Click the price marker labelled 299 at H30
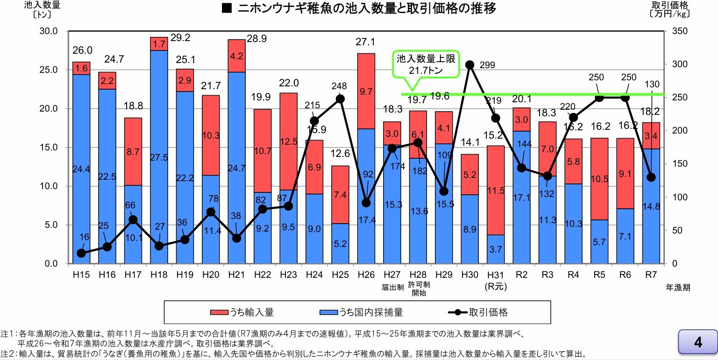pyautogui.click(x=470, y=65)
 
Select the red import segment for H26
pyautogui.click(x=366, y=91)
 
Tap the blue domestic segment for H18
pyautogui.click(x=159, y=156)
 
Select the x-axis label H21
pyautogui.click(x=236, y=275)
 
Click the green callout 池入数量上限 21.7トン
pyautogui.click(x=425, y=65)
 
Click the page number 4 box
pyautogui.click(x=697, y=342)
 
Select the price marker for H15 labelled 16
pyautogui.click(x=81, y=253)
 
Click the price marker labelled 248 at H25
pyautogui.click(x=340, y=99)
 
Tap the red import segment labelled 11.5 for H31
pyautogui.click(x=496, y=190)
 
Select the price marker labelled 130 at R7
pyautogui.click(x=651, y=177)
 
